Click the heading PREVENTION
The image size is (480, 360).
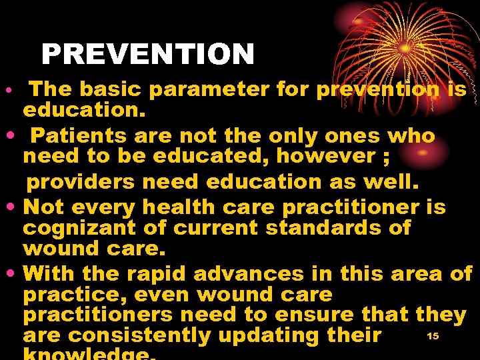coord(147,55)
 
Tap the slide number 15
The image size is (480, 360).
coord(433,336)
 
